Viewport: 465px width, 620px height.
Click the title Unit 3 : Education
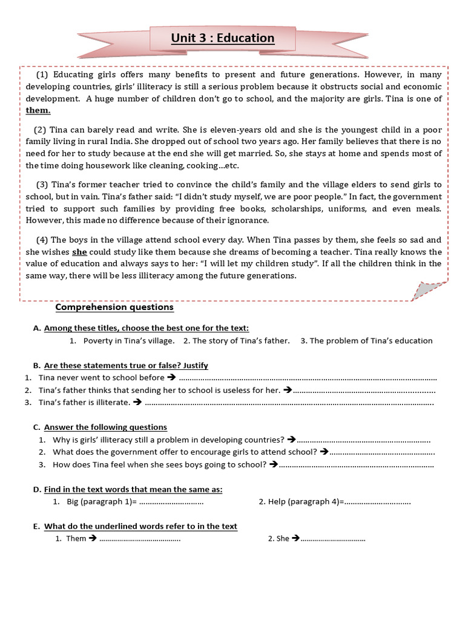(222, 39)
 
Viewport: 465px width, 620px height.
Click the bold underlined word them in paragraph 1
(38, 110)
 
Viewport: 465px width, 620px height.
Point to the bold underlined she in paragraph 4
(79, 251)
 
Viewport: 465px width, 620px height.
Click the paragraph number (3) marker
(42, 184)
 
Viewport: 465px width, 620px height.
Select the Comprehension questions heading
(114, 307)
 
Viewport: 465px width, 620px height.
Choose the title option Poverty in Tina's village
(129, 340)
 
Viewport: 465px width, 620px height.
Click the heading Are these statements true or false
(126, 365)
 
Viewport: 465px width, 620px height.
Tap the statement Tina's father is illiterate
(84, 402)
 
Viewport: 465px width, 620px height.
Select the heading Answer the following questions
(105, 427)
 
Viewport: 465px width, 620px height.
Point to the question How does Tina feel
(159, 464)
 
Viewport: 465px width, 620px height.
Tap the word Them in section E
(76, 538)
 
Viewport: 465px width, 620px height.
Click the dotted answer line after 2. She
(333, 538)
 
